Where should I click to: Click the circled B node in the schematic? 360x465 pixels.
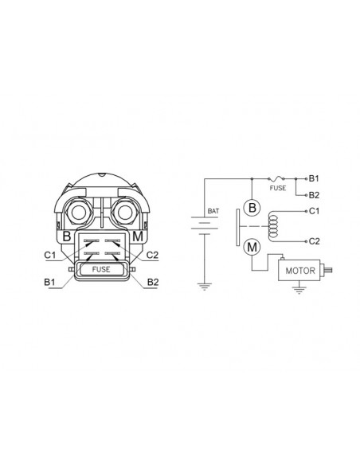252,207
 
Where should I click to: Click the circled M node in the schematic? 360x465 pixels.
252,247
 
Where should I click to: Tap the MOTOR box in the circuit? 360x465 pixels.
299,270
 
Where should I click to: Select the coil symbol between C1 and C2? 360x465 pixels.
273,226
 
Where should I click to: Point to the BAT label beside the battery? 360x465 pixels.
213,211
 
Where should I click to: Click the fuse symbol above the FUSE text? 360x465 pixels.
276,178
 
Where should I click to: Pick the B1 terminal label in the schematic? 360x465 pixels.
314,178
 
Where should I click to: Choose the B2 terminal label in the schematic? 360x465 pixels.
314,195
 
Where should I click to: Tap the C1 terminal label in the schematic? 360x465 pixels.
314,211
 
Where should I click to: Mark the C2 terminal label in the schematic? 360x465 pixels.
314,241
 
